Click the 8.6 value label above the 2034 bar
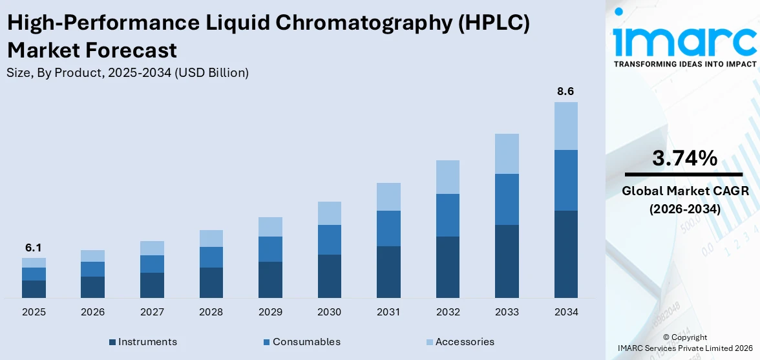click(565, 92)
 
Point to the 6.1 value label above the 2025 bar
click(34, 248)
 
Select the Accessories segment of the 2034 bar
click(565, 125)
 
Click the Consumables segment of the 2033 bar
click(507, 199)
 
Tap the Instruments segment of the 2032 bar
click(447, 267)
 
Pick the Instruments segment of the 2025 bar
click(34, 289)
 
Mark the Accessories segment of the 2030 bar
click(329, 213)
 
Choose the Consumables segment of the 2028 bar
click(211, 257)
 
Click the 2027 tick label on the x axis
click(152, 312)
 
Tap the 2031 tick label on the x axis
click(388, 312)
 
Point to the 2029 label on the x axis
click(270, 312)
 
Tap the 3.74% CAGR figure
click(684, 158)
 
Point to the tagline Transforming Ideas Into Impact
click(684, 64)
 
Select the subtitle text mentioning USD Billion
click(127, 73)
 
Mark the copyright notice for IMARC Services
click(684, 343)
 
